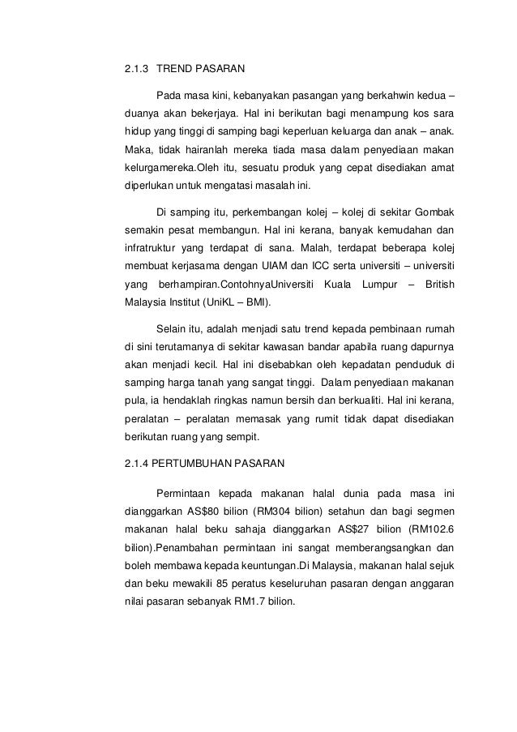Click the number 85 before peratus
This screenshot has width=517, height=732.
(x=218, y=584)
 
